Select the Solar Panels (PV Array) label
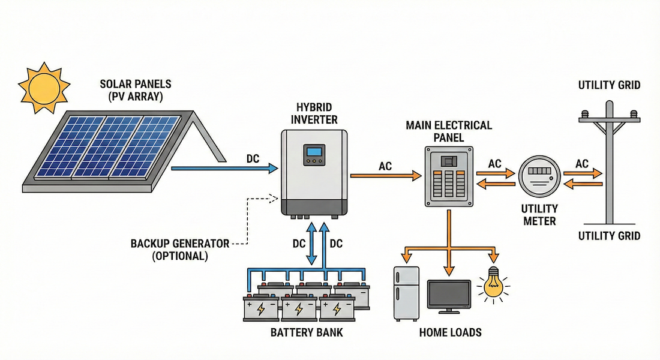pos(136,88)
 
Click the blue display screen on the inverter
pos(314,154)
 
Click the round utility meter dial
pos(539,176)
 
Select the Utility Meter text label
pos(539,215)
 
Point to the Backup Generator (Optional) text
pos(180,250)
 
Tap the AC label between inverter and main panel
pos(385,166)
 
